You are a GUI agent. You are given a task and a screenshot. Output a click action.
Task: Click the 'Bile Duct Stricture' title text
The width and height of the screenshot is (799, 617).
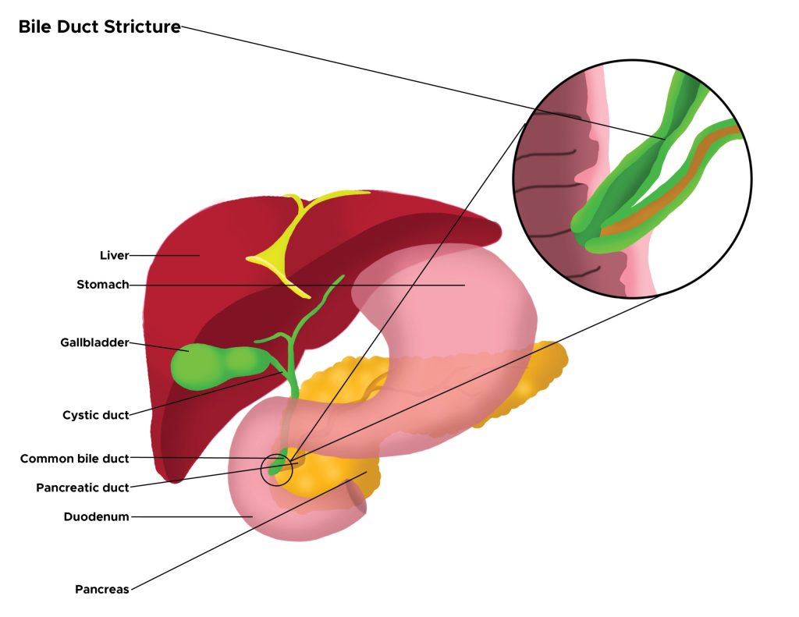pyautogui.click(x=99, y=27)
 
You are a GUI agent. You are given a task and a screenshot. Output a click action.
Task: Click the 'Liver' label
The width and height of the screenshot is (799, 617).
pyautogui.click(x=114, y=255)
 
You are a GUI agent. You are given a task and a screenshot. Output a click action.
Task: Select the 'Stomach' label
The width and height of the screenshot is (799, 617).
pyautogui.click(x=102, y=285)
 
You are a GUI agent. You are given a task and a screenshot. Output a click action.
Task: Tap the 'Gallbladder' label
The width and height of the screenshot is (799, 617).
pyautogui.click(x=94, y=342)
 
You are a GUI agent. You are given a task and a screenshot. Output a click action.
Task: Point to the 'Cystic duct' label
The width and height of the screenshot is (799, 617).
pyautogui.click(x=95, y=415)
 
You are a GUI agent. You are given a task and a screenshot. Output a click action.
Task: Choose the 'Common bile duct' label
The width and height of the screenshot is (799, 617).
pyautogui.click(x=74, y=459)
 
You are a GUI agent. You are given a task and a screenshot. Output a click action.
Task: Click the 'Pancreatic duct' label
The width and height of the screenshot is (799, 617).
pyautogui.click(x=82, y=488)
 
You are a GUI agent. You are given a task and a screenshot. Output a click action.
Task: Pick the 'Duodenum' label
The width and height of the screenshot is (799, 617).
pyautogui.click(x=96, y=516)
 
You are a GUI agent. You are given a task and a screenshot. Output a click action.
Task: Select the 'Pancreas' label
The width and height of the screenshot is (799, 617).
pyautogui.click(x=101, y=589)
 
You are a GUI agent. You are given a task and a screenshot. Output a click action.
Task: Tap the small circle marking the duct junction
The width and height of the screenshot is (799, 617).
pyautogui.click(x=276, y=469)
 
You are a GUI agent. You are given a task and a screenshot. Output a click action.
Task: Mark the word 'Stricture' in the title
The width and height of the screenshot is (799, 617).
pyautogui.click(x=144, y=27)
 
